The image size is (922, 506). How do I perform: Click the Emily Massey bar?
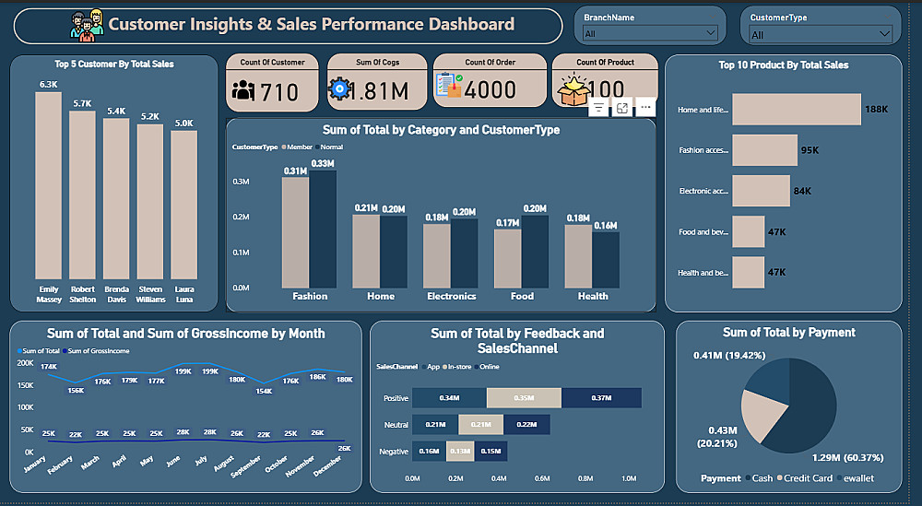tap(48, 184)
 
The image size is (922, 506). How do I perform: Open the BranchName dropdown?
tap(650, 33)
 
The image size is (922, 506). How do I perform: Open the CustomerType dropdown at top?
tap(821, 34)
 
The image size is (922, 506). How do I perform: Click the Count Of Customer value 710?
tap(279, 91)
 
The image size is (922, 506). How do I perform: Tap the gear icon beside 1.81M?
tap(339, 89)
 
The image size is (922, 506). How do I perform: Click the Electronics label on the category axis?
tap(452, 296)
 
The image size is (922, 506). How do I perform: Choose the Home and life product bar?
tap(796, 109)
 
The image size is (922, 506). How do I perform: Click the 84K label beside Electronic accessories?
tap(802, 191)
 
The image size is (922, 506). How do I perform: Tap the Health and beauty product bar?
tap(748, 272)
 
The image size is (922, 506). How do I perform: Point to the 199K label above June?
tap(183, 371)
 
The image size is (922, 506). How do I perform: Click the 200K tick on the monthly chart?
tap(25, 363)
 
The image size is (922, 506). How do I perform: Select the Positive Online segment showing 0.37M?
tap(600, 397)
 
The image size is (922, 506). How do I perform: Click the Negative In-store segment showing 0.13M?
tap(458, 451)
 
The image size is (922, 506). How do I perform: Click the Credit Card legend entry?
tap(809, 478)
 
